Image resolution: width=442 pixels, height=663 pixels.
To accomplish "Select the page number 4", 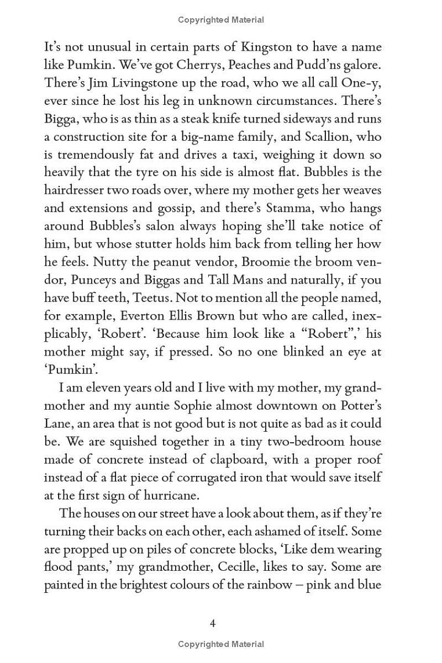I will (213, 624).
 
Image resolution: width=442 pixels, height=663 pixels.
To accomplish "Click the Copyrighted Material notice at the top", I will (221, 20).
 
